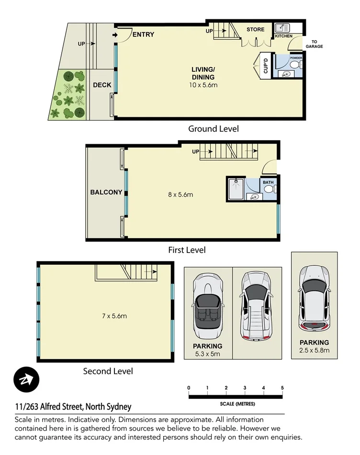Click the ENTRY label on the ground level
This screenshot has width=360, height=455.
(143, 34)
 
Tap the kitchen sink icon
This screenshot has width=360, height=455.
(281, 27)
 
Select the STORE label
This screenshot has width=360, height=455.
(255, 30)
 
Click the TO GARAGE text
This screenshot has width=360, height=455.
(317, 44)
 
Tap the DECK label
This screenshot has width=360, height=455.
(102, 85)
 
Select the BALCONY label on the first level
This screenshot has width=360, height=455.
(106, 192)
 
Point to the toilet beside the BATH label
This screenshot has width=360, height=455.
(270, 190)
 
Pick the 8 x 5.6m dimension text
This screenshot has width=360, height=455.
(180, 194)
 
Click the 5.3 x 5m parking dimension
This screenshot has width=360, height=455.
(208, 354)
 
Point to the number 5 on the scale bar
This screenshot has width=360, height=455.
(282, 387)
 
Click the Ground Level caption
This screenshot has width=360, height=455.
(213, 128)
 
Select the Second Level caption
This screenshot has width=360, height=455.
(108, 371)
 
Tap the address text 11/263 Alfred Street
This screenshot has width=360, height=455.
(72, 407)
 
